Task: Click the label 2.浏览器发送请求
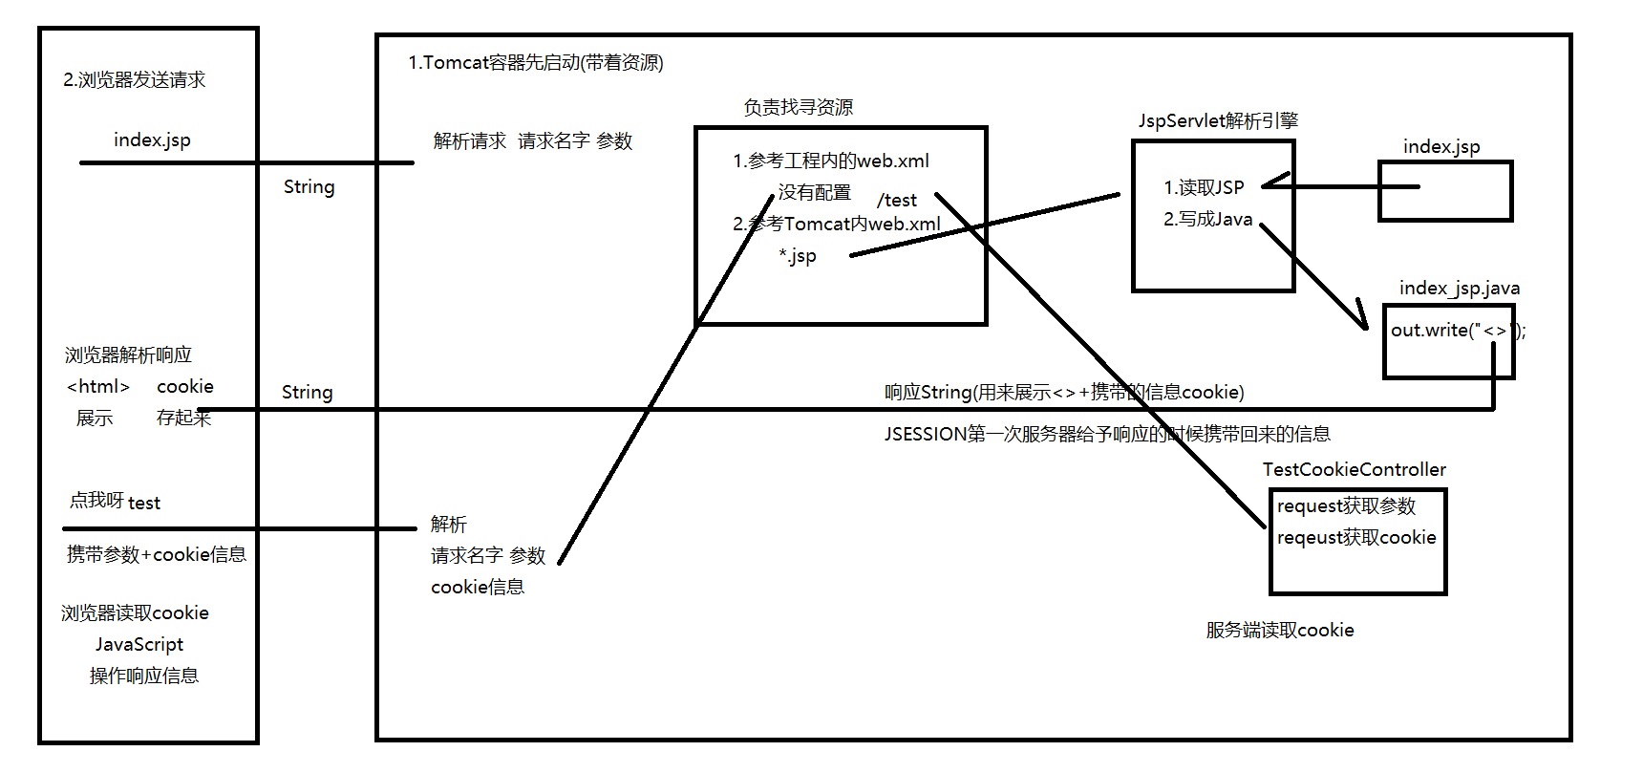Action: (135, 80)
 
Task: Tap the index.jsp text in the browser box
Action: (152, 140)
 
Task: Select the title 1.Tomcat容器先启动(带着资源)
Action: (535, 63)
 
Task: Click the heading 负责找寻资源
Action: (798, 108)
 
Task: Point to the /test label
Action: (897, 201)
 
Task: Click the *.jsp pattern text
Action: (798, 256)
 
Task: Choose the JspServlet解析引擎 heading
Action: (1218, 120)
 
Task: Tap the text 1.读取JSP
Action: (1204, 187)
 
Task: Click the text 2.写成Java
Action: (1207, 219)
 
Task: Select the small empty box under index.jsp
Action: (1444, 191)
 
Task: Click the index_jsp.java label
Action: (1459, 289)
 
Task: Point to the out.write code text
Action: (1458, 331)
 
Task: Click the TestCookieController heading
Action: (1354, 470)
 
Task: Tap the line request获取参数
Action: (1346, 506)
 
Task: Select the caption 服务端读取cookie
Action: (1279, 631)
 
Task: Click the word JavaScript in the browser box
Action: (139, 645)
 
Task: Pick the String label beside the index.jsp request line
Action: (309, 187)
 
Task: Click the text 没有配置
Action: (814, 193)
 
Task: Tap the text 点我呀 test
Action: (115, 502)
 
